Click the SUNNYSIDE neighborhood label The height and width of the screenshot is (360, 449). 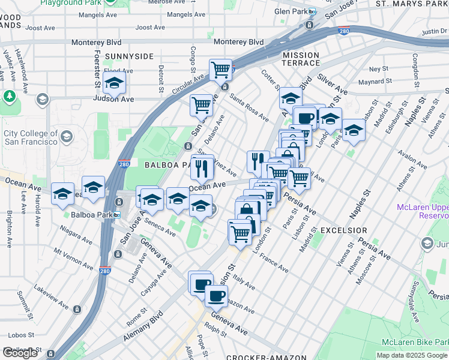click(x=129, y=56)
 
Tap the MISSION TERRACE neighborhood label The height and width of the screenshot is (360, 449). click(x=301, y=59)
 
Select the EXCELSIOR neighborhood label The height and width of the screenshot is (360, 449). click(x=344, y=230)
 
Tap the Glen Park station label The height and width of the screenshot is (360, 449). click(x=291, y=11)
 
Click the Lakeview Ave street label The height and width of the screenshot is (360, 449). click(x=51, y=292)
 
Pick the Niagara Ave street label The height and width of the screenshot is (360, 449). click(x=76, y=235)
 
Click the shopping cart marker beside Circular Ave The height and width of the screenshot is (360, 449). click(x=221, y=70)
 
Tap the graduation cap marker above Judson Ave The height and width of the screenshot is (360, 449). click(x=114, y=84)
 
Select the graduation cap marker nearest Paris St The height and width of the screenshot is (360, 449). click(x=354, y=130)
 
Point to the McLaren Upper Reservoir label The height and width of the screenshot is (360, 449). click(x=423, y=211)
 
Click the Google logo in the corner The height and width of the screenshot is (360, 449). click(x=20, y=353)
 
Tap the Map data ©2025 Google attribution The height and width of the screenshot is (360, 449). click(x=412, y=355)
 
